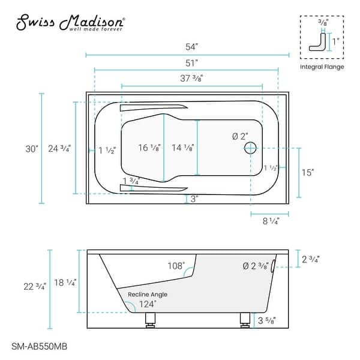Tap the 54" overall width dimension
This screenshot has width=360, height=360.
pos(187,47)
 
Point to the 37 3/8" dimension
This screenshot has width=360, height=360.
pos(191,77)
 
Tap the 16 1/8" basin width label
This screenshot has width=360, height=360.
pos(148,148)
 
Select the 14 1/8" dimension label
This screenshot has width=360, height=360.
pos(182,148)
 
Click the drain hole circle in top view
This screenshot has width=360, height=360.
pos(251,148)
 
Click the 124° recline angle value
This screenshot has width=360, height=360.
pos(148,304)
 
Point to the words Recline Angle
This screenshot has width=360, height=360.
pos(147,294)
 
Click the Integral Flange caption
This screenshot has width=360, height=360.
pos(322,67)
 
